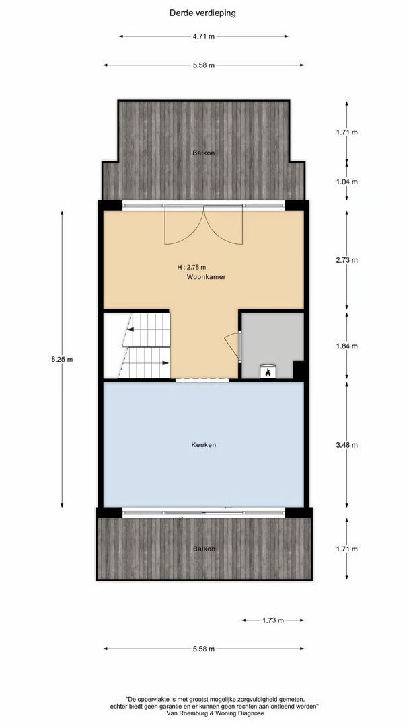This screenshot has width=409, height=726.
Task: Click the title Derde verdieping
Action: coord(202,12)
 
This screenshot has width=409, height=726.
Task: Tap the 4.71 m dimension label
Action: coord(202,36)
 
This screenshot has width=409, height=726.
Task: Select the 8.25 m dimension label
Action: coord(62,359)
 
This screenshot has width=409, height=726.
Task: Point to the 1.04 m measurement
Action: coord(347,182)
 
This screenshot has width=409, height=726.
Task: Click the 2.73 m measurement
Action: coord(347,260)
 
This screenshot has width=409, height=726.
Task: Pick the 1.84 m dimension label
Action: coord(347,346)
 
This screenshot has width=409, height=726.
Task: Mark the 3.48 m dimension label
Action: coord(347,445)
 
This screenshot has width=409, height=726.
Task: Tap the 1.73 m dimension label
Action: coord(272,620)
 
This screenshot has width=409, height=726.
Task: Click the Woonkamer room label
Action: coord(206,276)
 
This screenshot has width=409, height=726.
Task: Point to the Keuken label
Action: coord(203,444)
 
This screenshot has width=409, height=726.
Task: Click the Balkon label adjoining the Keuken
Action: coord(204,549)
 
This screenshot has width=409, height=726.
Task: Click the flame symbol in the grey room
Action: coord(267,371)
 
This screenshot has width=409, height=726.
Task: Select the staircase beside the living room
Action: coord(137,346)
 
